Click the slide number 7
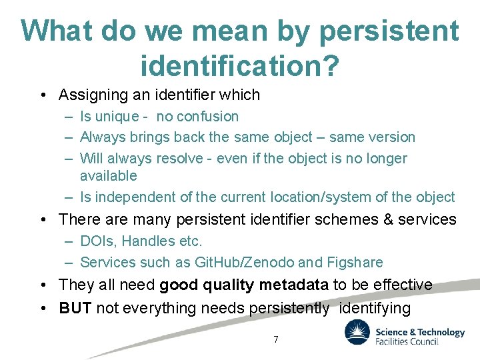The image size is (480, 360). (x=276, y=339)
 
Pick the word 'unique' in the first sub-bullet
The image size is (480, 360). (x=117, y=117)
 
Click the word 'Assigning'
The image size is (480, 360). (x=92, y=95)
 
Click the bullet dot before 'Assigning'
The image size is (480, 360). (x=43, y=95)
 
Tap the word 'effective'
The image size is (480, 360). (x=401, y=285)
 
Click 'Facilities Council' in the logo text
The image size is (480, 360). (x=407, y=341)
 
